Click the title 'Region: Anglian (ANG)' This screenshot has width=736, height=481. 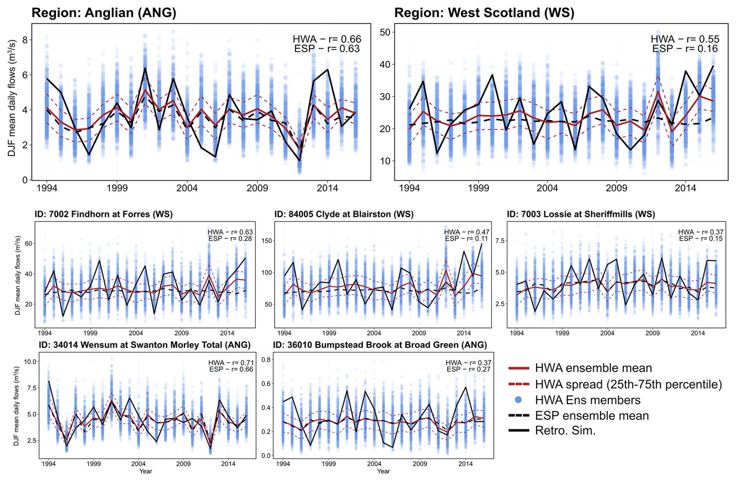104,13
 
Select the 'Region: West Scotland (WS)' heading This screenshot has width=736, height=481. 484,13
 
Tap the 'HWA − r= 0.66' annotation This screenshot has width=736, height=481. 327,39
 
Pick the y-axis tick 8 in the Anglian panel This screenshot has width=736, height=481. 25,40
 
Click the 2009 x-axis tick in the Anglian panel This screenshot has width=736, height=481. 257,189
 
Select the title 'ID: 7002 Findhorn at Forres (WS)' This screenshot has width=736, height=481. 103,214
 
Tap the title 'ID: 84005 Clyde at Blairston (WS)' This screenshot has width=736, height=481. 344,214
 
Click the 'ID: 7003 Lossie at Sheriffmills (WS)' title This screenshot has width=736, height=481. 581,214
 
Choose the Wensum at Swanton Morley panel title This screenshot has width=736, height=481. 144,345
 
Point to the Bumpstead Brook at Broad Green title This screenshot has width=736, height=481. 380,345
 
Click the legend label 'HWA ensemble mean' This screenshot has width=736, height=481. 593,368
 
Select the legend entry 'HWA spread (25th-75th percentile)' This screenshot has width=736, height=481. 628,384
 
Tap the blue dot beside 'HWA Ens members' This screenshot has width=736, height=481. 518,400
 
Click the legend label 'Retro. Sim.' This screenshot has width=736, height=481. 565,431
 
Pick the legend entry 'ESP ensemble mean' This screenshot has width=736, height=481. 592,416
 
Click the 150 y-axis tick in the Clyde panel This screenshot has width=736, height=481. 267,241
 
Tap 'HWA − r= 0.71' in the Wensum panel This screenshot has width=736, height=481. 231,363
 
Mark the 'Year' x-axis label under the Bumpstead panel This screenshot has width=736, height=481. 383,471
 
